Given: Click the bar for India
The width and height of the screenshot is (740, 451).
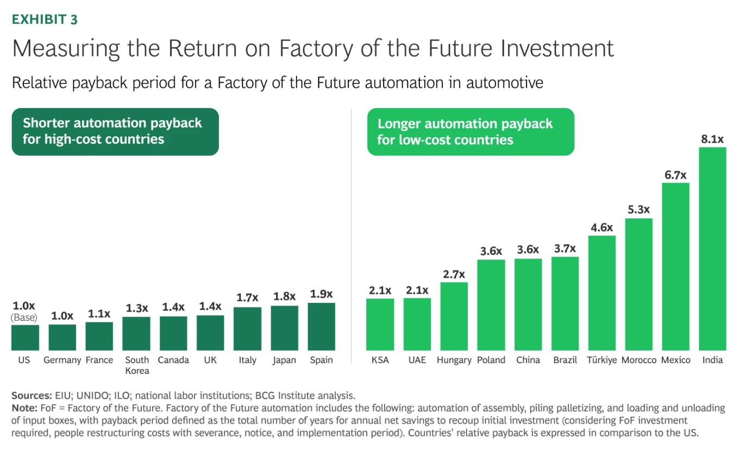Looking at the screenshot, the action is click(x=712, y=249).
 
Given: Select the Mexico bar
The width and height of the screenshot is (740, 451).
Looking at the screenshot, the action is click(x=675, y=266).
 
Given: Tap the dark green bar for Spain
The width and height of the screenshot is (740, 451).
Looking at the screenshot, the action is click(x=322, y=327).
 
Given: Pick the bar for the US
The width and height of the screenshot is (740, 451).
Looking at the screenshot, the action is click(x=25, y=338).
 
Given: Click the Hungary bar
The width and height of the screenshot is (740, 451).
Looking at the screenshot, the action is click(x=454, y=316).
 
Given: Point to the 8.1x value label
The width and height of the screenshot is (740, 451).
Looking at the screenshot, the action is click(x=712, y=139).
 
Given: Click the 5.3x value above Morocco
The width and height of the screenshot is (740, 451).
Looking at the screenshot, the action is click(x=638, y=209).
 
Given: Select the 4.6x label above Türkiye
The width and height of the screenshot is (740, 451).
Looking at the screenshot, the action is click(x=601, y=227).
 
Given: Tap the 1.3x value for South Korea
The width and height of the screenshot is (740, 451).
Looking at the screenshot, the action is click(x=137, y=308).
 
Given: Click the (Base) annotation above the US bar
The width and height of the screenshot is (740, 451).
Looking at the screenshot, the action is click(x=24, y=317).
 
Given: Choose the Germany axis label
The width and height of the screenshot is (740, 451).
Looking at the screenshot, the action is click(x=62, y=360).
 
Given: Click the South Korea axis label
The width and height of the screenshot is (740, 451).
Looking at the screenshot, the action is click(x=137, y=365).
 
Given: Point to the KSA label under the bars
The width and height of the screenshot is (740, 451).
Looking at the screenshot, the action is click(x=380, y=360).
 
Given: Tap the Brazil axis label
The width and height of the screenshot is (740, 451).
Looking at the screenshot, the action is click(x=565, y=360).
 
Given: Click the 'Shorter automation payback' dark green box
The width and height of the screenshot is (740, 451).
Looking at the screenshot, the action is click(x=115, y=132).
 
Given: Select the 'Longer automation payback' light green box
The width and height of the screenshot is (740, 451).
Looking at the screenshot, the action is click(x=471, y=132).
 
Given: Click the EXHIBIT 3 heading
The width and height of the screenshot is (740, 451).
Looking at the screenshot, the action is click(x=45, y=20).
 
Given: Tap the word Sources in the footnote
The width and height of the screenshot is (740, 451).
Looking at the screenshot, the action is click(x=32, y=395).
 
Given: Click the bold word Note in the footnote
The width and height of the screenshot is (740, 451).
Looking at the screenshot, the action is click(x=24, y=408).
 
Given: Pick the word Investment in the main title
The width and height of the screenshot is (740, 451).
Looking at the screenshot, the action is click(x=557, y=48).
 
